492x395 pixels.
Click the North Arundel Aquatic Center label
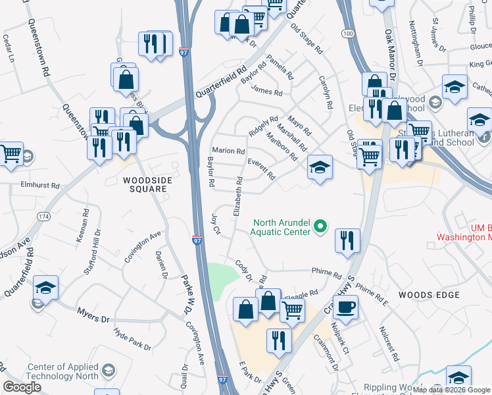coord(280,226)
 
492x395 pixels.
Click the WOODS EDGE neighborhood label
coord(429,294)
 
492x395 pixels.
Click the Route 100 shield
coord(348,32)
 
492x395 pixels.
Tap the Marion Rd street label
coord(228,151)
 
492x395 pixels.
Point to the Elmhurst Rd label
coord(40,186)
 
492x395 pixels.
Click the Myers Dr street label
coord(93,315)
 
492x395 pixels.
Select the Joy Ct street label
coord(214,223)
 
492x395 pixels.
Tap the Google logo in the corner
coord(22,387)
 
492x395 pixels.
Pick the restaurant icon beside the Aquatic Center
coord(347,240)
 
